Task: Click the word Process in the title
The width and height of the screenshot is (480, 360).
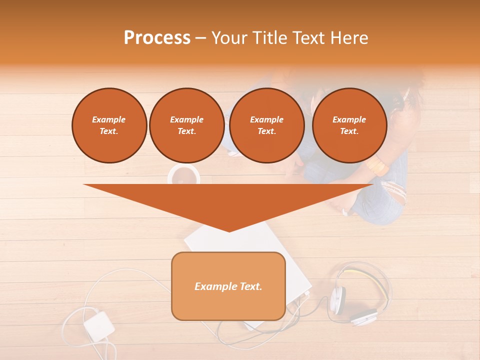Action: (x=157, y=38)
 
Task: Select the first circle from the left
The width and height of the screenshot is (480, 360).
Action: (x=109, y=125)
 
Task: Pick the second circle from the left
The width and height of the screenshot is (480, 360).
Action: (x=187, y=125)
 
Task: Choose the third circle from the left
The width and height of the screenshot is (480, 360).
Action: (x=267, y=125)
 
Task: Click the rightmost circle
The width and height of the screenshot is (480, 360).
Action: (x=349, y=125)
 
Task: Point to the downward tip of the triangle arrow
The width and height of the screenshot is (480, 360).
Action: (x=229, y=231)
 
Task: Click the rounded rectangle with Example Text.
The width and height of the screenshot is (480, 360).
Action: (x=228, y=286)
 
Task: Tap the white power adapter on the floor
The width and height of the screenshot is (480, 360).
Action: (x=98, y=326)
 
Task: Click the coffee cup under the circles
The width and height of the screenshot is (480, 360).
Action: (x=183, y=174)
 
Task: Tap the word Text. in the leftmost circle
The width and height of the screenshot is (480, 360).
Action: (x=109, y=131)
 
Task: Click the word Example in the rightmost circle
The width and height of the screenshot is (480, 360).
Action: (x=349, y=119)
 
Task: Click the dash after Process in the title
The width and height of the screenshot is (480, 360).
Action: (x=201, y=38)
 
